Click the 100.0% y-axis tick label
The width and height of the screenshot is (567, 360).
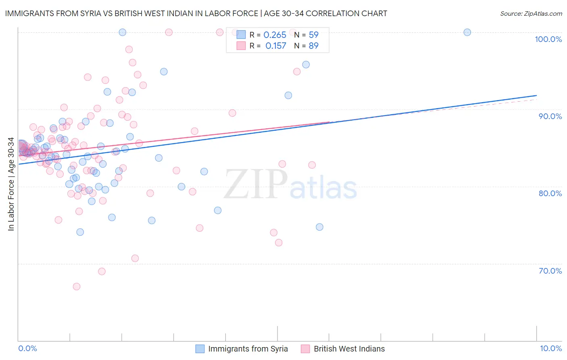[548, 39]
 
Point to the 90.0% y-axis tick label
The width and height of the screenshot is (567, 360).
[550, 116]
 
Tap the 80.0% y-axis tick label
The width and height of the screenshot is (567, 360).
[550, 193]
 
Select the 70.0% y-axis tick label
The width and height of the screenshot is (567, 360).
[550, 270]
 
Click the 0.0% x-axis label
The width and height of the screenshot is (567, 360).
[27, 348]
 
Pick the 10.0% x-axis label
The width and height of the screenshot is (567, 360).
[550, 348]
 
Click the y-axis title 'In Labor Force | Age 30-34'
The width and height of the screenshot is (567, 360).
[11, 184]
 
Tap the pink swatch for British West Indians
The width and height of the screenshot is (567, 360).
[305, 349]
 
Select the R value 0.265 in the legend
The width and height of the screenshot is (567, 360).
[275, 35]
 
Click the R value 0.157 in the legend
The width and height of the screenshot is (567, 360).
[275, 46]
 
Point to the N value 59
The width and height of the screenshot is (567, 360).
[313, 35]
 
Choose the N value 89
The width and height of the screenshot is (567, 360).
[313, 46]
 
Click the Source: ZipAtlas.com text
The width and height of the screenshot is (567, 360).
[531, 14]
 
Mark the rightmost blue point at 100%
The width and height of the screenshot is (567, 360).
[467, 32]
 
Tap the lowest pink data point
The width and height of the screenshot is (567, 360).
[77, 287]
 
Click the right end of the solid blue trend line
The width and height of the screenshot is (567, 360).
[536, 96]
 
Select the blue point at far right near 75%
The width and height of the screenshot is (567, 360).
[319, 227]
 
